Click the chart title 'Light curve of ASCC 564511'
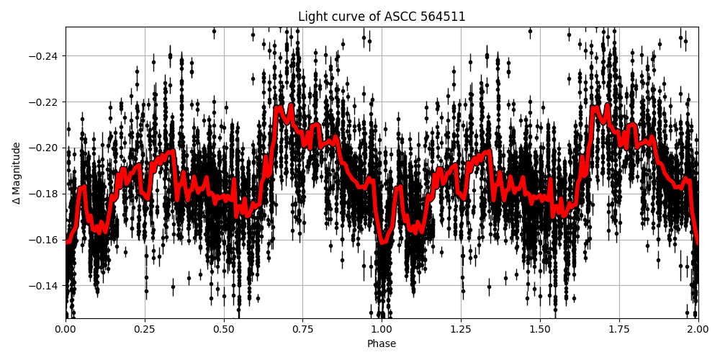point(382,17)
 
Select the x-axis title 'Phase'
point(382,344)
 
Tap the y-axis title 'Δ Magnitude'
point(17,173)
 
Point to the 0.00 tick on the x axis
point(66,329)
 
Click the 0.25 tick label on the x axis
point(145,329)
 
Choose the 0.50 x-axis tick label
point(224,329)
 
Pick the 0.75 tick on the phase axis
point(302,329)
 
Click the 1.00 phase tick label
point(382,329)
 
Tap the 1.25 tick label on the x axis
point(461,329)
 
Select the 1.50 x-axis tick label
point(540,329)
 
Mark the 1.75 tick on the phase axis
point(619,329)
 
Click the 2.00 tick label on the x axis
point(698,329)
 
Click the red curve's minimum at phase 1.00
point(383,242)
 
